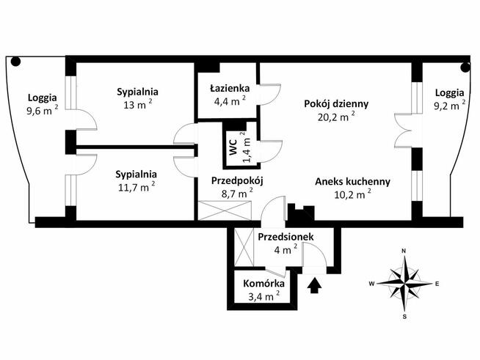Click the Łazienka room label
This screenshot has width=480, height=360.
[x=228, y=87]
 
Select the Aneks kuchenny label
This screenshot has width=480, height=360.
[x=352, y=181]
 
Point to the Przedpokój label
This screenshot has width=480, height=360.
[x=232, y=180]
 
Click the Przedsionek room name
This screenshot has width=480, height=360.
[x=286, y=236]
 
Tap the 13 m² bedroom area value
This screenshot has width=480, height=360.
[x=137, y=104]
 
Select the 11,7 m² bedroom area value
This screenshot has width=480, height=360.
[x=137, y=187]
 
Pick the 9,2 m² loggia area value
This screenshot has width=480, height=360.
[x=450, y=105]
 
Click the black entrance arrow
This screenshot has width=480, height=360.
[x=315, y=284]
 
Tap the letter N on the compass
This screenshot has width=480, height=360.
[x=404, y=251]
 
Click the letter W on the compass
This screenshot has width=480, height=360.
[x=372, y=284]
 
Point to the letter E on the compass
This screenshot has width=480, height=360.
[x=437, y=283]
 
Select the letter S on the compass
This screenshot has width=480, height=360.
[x=404, y=317]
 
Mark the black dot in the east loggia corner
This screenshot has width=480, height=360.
[x=464, y=67]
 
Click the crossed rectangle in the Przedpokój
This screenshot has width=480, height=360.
[x=226, y=210]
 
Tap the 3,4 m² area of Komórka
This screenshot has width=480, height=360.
[x=264, y=296]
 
